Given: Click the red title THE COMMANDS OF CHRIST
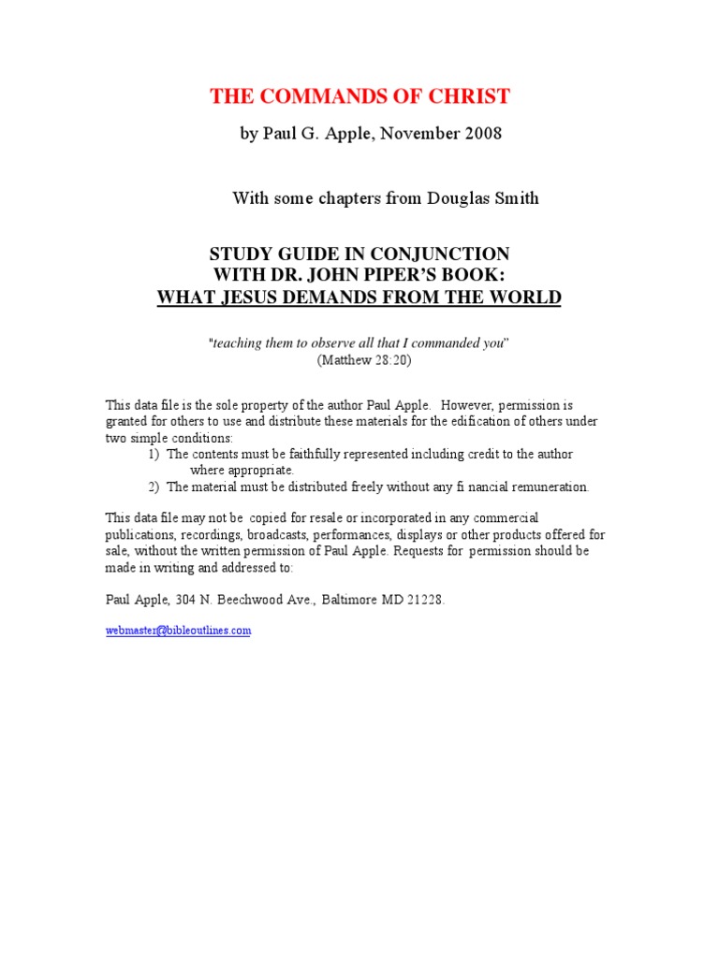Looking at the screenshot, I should tap(359, 95).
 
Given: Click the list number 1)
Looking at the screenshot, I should tap(154, 454).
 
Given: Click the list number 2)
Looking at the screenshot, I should tap(154, 486).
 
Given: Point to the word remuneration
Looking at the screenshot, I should tap(544, 486).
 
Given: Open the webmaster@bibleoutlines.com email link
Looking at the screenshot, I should tap(178, 631).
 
